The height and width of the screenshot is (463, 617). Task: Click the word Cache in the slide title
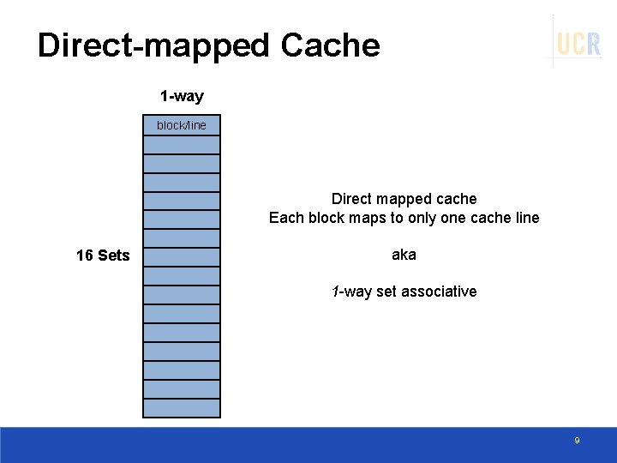[331, 45]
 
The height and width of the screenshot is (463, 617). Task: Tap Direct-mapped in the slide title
[153, 45]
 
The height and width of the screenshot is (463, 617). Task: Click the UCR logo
[578, 43]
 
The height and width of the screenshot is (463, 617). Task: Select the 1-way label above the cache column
[182, 96]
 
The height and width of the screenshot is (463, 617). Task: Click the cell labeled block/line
[182, 125]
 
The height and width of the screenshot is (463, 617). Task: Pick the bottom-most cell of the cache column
[182, 408]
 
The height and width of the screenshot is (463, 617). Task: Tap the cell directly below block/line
[182, 145]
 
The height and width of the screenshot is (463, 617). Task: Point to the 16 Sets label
[103, 256]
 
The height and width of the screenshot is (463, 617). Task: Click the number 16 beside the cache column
[85, 256]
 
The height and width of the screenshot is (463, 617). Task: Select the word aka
[404, 255]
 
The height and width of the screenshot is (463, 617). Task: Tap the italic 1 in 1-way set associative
[335, 292]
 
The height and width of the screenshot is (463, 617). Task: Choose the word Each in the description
[286, 218]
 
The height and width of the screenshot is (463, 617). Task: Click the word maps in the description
[369, 218]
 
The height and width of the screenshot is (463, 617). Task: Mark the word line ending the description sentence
[524, 218]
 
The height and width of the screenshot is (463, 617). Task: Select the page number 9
[577, 441]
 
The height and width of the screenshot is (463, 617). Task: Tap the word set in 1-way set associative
[386, 292]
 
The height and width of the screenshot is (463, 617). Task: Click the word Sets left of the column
[114, 256]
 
